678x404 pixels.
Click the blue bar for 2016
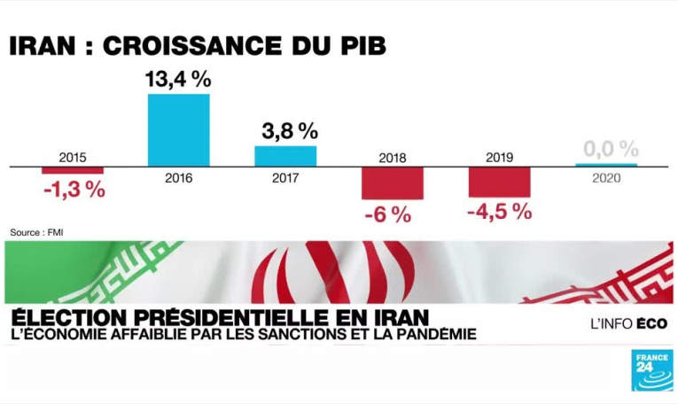tap(178, 129)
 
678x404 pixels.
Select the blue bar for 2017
tap(285, 156)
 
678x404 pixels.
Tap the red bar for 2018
tap(393, 183)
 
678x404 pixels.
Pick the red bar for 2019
tap(500, 181)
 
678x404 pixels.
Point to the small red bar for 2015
tap(73, 169)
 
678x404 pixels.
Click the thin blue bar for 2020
tap(606, 165)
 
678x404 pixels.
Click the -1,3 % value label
tap(74, 189)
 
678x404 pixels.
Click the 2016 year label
tap(178, 177)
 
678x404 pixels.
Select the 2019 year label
tap(500, 157)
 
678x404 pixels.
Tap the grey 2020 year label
tap(606, 177)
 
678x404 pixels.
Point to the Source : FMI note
tap(36, 232)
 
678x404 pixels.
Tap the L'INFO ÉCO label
tap(628, 323)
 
